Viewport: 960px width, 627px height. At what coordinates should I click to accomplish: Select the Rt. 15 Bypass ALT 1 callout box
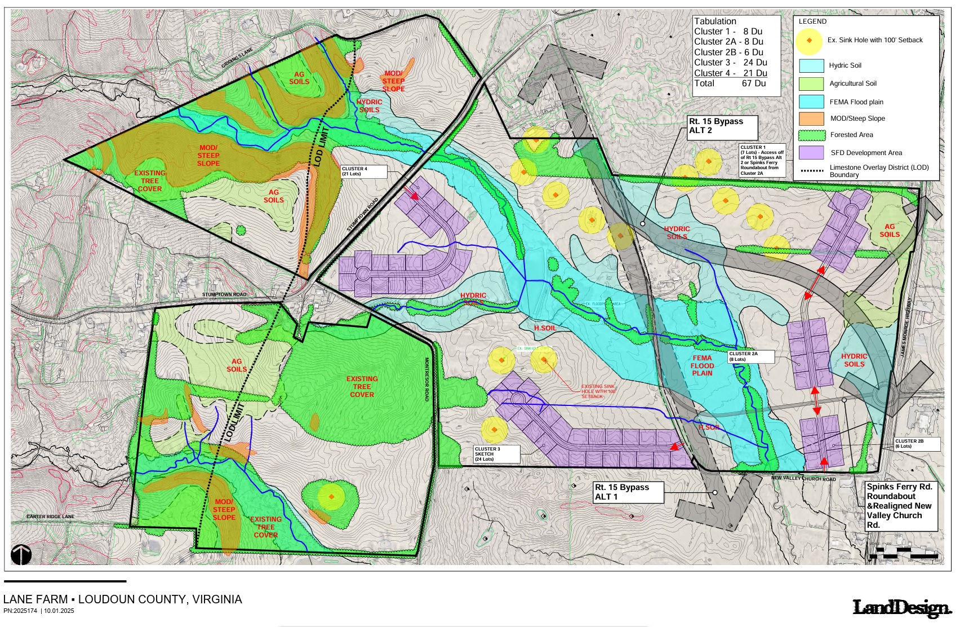628,492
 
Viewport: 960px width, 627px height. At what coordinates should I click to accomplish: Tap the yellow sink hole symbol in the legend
809,41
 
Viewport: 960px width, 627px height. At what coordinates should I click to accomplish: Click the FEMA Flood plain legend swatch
811,102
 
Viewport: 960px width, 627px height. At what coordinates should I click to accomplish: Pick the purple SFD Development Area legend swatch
811,153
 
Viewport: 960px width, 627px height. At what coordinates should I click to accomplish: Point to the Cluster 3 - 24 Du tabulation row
730,63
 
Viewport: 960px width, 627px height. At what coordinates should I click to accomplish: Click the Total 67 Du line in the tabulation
730,83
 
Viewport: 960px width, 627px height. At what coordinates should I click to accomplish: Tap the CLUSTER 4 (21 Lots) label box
363,171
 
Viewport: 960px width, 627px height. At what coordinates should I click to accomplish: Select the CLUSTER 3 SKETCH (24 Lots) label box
496,454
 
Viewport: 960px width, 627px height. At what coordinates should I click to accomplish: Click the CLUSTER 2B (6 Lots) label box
917,444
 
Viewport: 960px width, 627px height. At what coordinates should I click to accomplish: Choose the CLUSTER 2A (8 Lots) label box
750,356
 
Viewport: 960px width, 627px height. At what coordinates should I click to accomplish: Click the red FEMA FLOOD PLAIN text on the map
702,365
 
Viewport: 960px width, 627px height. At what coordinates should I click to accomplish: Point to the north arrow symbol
21,555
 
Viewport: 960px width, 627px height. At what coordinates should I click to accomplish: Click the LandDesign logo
901,608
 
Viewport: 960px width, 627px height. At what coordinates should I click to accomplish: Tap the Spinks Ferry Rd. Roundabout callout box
900,506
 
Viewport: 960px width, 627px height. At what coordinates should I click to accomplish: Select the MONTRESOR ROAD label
427,379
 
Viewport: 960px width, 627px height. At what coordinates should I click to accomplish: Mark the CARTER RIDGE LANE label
50,516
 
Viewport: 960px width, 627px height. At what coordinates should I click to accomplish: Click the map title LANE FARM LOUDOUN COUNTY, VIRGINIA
122,599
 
